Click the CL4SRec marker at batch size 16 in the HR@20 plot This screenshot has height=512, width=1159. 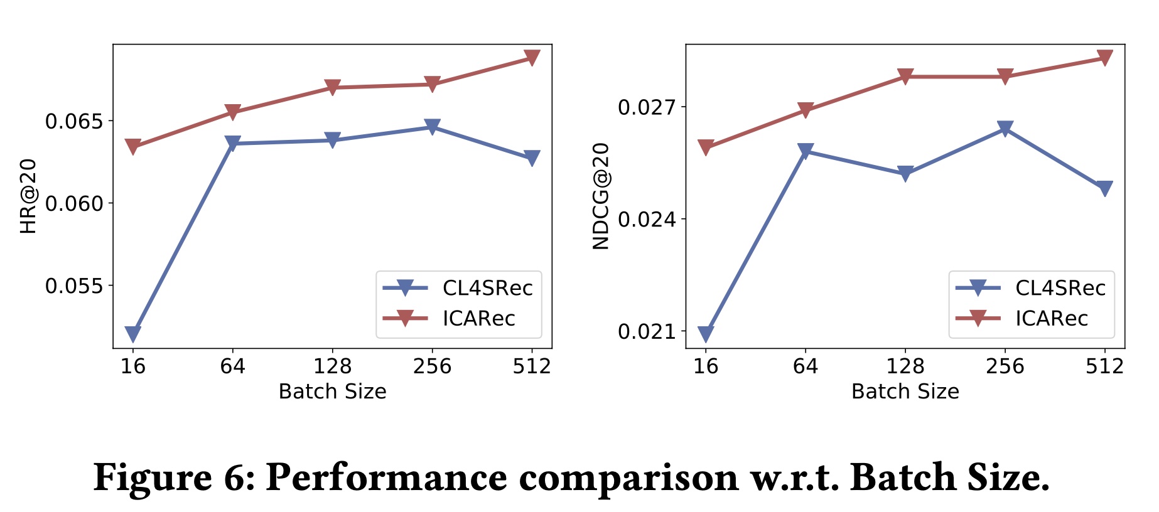pyautogui.click(x=132, y=333)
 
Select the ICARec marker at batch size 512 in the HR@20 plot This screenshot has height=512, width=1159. pyautogui.click(x=532, y=58)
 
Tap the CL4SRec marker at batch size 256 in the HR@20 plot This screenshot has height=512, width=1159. pyautogui.click(x=432, y=127)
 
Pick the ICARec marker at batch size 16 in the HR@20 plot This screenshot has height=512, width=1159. pyautogui.click(x=132, y=147)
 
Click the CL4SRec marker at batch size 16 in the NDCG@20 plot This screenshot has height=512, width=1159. pyautogui.click(x=706, y=334)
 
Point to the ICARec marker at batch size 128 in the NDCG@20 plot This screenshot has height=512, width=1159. pyautogui.click(x=905, y=77)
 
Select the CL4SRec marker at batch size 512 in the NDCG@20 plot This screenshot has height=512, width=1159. pyautogui.click(x=1104, y=188)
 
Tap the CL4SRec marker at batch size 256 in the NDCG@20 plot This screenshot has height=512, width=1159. pyautogui.click(x=1005, y=129)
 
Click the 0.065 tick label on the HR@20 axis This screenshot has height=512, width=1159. pyautogui.click(x=73, y=121)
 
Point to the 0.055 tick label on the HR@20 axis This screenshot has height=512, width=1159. pyautogui.click(x=73, y=286)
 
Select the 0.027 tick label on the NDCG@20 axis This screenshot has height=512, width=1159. pyautogui.click(x=647, y=107)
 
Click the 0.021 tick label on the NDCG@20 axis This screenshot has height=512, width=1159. pyautogui.click(x=647, y=331)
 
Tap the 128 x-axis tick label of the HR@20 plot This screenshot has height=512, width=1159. pyautogui.click(x=332, y=366)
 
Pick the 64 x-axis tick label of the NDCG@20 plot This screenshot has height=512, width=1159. pyautogui.click(x=806, y=366)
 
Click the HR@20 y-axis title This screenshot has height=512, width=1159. pyautogui.click(x=29, y=196)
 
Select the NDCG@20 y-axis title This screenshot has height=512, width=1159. pyautogui.click(x=601, y=196)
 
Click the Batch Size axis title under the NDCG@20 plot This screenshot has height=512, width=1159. pyautogui.click(x=905, y=392)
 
